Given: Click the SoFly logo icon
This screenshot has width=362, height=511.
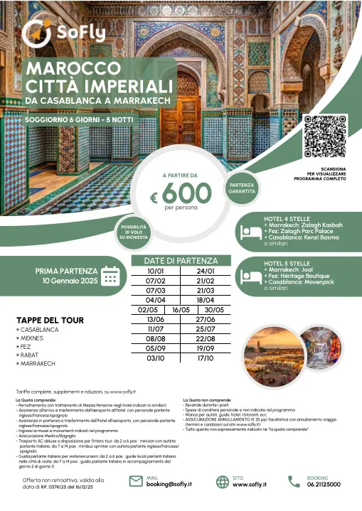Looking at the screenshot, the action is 36,32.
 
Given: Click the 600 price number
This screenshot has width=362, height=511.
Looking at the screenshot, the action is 186,191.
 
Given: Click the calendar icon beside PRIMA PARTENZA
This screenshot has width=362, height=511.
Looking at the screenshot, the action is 110,274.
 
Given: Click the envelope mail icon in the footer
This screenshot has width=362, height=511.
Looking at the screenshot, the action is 136,481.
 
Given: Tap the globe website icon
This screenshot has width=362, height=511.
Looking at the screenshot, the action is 222,481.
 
